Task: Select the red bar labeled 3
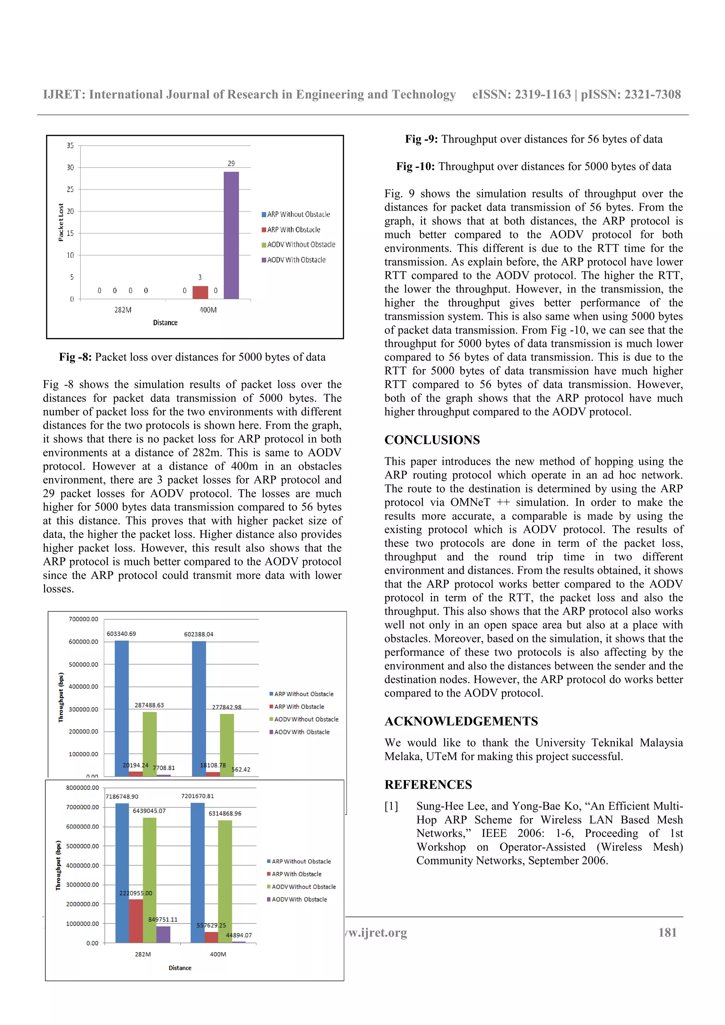pos(200,293)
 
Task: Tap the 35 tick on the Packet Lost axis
pos(70,145)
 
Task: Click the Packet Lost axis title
pos(61,222)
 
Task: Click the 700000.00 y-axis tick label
pos(83,619)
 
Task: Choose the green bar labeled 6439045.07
pos(150,880)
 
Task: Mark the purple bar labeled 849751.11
pos(163,934)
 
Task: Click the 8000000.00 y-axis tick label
pos(82,788)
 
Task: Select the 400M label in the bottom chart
pos(218,954)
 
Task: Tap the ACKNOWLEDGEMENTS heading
pos(461,722)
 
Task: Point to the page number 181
pos(667,933)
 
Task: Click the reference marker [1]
pos(391,806)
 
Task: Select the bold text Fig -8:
pos(75,357)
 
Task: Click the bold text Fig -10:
pos(415,167)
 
